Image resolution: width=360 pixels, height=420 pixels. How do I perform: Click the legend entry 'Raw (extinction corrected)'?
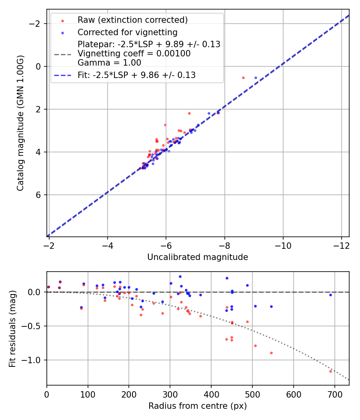point(132,20)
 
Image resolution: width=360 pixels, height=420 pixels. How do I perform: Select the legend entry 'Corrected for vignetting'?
point(127,32)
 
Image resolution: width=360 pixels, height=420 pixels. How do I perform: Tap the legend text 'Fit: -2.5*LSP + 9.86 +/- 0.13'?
point(136,75)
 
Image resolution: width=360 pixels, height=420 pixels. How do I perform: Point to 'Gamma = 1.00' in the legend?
point(109,62)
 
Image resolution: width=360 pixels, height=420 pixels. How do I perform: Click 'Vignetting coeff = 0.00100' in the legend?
point(134,54)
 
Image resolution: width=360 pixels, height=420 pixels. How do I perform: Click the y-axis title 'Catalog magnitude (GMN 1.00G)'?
point(20,123)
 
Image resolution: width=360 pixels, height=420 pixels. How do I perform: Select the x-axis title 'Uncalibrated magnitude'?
point(198,257)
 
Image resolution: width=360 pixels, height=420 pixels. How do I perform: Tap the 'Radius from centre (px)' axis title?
point(198,406)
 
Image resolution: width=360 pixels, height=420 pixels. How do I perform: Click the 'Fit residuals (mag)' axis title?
point(12,328)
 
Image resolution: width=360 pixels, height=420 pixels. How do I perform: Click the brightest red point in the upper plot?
point(243,78)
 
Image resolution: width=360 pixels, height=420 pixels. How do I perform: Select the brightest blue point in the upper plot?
point(256,78)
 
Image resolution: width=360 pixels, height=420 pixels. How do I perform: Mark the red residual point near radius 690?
point(330,371)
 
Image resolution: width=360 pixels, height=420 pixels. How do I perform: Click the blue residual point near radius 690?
point(330,295)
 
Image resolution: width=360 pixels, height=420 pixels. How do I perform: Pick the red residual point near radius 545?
point(271,353)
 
